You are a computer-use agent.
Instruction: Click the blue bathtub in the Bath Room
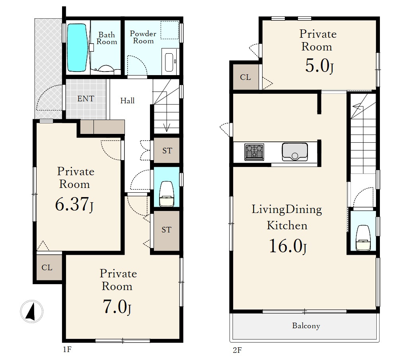coord(77,48)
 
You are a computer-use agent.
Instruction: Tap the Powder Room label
coord(143,37)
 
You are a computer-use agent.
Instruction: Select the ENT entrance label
coord(86,99)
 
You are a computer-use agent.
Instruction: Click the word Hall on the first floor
coord(127,101)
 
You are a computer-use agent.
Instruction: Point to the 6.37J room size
coord(74,204)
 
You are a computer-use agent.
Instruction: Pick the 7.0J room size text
coord(117,307)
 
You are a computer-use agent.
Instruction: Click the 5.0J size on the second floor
coord(319,66)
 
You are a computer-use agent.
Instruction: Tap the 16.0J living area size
coord(288,246)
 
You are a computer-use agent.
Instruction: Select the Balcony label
coord(306,326)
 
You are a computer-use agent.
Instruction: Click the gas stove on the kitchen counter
coord(254,152)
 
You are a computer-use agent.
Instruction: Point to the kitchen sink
coord(295,152)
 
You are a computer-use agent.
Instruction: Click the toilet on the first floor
coord(166,194)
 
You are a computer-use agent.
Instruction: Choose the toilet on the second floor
coord(363,238)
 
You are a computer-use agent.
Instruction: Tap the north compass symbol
coord(31,312)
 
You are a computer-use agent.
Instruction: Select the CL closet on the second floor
coord(245,77)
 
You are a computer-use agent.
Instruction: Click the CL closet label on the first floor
coord(47,267)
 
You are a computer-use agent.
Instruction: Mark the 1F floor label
coord(67,350)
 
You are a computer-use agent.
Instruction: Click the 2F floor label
coord(237,350)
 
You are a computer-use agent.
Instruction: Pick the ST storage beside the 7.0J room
coord(166,230)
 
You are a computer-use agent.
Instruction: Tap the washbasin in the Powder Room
coord(169,62)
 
